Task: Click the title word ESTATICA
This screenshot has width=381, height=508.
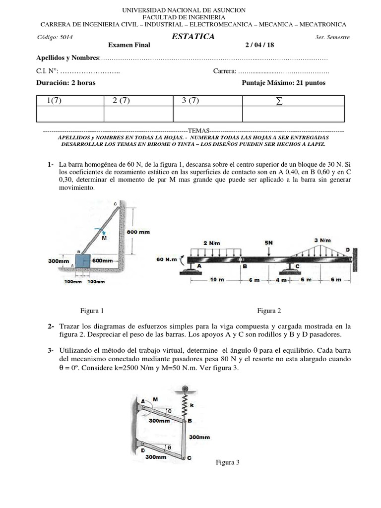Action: click(x=193, y=37)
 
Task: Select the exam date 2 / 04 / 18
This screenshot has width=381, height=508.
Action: click(x=259, y=45)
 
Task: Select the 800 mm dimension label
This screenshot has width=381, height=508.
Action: click(x=138, y=232)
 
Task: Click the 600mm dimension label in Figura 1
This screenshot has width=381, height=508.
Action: click(x=102, y=260)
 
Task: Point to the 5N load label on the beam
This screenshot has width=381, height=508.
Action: click(x=268, y=243)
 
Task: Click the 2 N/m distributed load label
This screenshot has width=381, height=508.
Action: click(x=211, y=243)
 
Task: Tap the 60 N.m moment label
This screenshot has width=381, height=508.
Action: click(x=167, y=259)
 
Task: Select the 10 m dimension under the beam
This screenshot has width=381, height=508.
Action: click(x=217, y=279)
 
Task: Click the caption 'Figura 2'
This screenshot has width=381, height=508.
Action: click(x=269, y=311)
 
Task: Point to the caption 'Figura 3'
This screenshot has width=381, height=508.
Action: click(x=227, y=462)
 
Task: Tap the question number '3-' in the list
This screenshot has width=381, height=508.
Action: click(x=52, y=350)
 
